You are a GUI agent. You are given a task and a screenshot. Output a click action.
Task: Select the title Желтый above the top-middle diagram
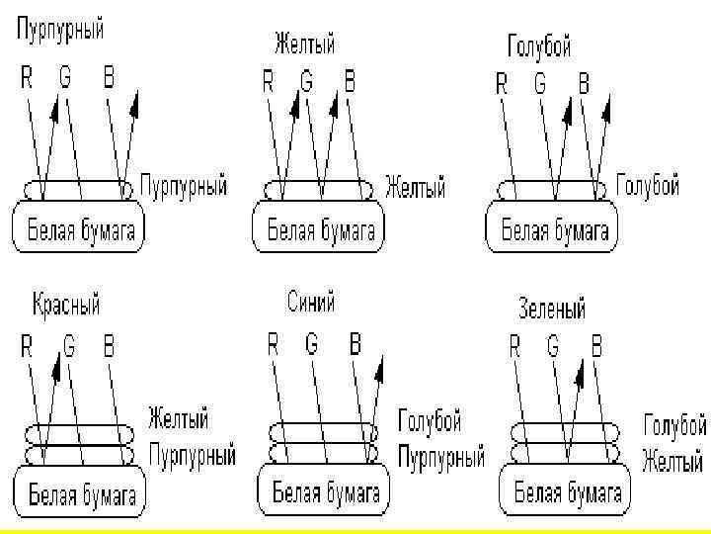tap(304, 44)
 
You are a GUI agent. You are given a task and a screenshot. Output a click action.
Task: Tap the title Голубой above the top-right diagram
tap(539, 45)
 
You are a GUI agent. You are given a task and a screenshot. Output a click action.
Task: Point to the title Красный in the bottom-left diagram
tap(66, 304)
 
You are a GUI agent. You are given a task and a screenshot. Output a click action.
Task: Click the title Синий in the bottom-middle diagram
tap(311, 302)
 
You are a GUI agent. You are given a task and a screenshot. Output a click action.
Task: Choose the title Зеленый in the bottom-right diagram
tap(552, 308)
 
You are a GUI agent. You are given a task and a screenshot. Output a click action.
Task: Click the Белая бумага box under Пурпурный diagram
tap(78, 230)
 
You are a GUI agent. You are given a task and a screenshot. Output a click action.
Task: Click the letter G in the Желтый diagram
tap(307, 82)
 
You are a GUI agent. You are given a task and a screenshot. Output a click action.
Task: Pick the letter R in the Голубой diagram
tap(502, 84)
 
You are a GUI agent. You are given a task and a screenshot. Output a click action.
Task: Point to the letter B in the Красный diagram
tap(110, 346)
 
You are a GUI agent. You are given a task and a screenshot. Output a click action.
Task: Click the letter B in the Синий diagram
tap(355, 344)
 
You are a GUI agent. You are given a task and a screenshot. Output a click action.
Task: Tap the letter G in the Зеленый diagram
tap(554, 346)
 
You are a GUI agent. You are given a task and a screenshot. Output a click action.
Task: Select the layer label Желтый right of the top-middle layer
tap(415, 188)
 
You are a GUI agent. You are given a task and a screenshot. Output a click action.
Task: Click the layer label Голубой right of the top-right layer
tap(648, 186)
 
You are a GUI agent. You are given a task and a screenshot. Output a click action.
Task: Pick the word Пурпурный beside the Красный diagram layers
tap(192, 456)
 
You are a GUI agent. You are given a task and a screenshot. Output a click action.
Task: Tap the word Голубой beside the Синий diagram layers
tap(430, 422)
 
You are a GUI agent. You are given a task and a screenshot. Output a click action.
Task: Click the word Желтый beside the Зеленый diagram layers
tap(672, 461)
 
